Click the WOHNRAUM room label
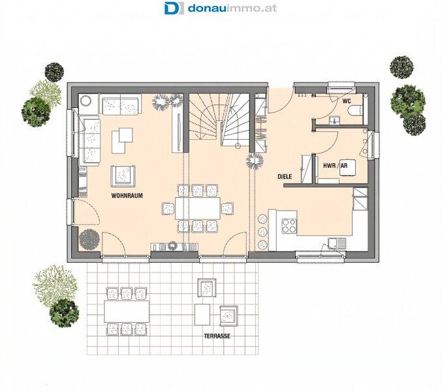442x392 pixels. pos(127,195)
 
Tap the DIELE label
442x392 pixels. pos(285,177)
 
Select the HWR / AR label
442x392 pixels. pos(336,165)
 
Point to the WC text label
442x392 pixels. pos(347,101)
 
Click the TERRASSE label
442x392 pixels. pos(217,336)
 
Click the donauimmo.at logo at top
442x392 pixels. pos(221,8)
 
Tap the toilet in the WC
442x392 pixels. pos(356,111)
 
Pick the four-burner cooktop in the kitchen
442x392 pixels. pos(289,226)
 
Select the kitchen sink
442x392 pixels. pos(337,244)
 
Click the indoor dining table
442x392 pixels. pos(198,208)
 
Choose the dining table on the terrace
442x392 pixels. pos(127,312)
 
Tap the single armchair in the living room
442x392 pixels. pos(123,176)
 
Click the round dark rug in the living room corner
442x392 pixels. pos(89,239)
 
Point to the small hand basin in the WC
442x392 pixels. pos(334,121)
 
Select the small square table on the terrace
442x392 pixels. pos(202,314)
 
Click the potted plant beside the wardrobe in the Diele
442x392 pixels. pos(255,161)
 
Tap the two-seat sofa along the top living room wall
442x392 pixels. pos(121,105)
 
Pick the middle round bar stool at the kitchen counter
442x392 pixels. pos(262,231)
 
